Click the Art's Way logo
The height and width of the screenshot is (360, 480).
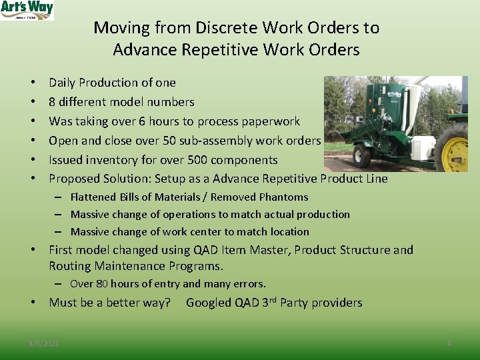coord(27,10)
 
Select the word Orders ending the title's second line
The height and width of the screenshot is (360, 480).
coord(334,50)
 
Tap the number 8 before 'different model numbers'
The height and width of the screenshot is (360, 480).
coord(53,102)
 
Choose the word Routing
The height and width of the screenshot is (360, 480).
coord(70,266)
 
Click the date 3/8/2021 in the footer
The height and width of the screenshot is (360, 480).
coord(43,343)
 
